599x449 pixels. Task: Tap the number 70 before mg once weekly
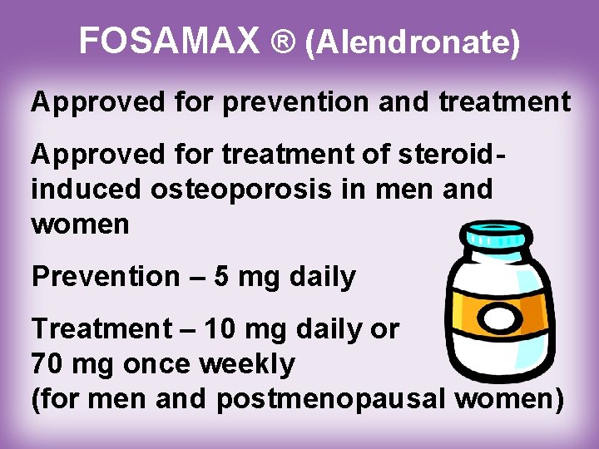[x=47, y=363]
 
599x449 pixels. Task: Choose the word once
[x=171, y=363]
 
